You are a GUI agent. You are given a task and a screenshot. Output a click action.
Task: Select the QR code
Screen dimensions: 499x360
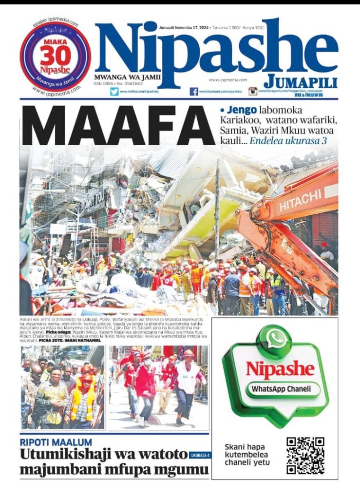pos(305,456)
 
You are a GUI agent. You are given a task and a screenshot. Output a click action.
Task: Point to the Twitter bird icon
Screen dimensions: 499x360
pos(114,91)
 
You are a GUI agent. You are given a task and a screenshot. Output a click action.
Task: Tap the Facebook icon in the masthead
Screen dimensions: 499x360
pos(194,91)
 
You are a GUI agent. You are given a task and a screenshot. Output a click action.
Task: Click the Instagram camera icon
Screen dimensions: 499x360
pos(253,91)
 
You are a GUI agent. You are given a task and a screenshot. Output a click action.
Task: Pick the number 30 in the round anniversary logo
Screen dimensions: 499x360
pos(56,57)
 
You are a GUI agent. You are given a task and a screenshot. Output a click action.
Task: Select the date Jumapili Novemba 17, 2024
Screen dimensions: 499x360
pos(183,28)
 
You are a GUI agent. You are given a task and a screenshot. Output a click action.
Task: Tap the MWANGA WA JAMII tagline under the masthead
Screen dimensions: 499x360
pos(127,77)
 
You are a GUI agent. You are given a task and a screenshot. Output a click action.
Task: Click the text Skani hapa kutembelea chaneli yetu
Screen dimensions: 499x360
pos(247,455)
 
